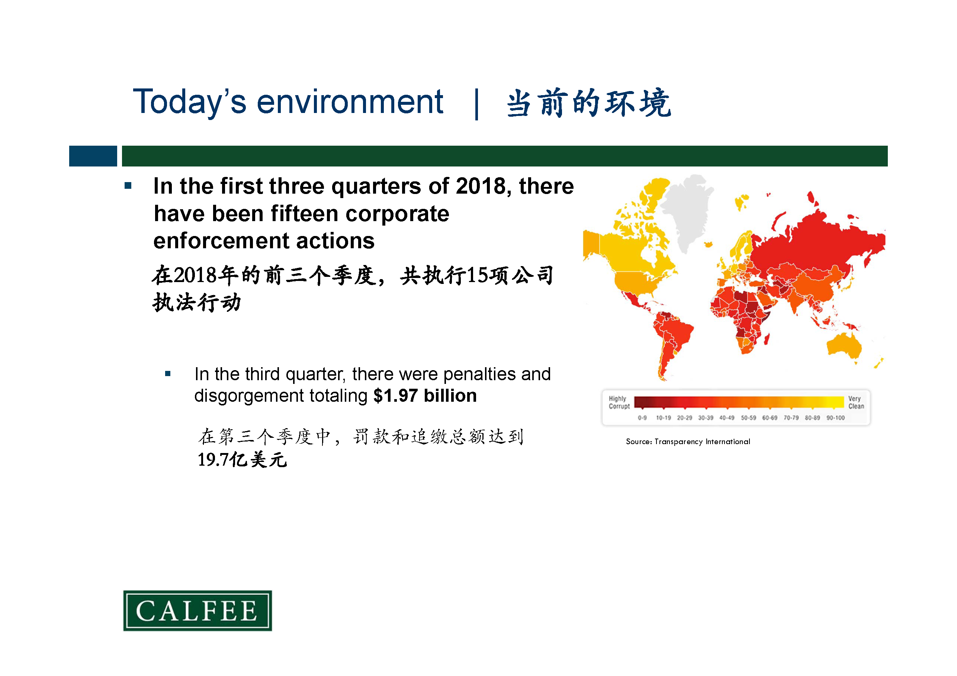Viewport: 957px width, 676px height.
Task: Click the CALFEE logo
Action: coord(197,610)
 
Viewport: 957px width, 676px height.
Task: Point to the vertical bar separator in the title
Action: coord(476,104)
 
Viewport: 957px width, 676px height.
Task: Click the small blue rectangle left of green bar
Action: coord(93,156)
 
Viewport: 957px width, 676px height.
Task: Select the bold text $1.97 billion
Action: coord(425,395)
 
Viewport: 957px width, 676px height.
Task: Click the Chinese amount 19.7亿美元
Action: coord(242,460)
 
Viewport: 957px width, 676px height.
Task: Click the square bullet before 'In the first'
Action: coord(128,186)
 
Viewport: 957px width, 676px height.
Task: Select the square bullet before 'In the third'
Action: coord(167,373)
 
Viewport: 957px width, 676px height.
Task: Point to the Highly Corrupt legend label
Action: coord(619,402)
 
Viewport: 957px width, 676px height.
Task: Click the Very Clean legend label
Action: coord(856,402)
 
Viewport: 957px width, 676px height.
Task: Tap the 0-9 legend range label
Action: coord(642,418)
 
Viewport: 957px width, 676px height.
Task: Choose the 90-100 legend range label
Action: coord(835,418)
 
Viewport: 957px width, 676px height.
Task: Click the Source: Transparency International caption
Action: coord(688,441)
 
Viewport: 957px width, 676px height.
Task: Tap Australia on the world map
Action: coord(844,345)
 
